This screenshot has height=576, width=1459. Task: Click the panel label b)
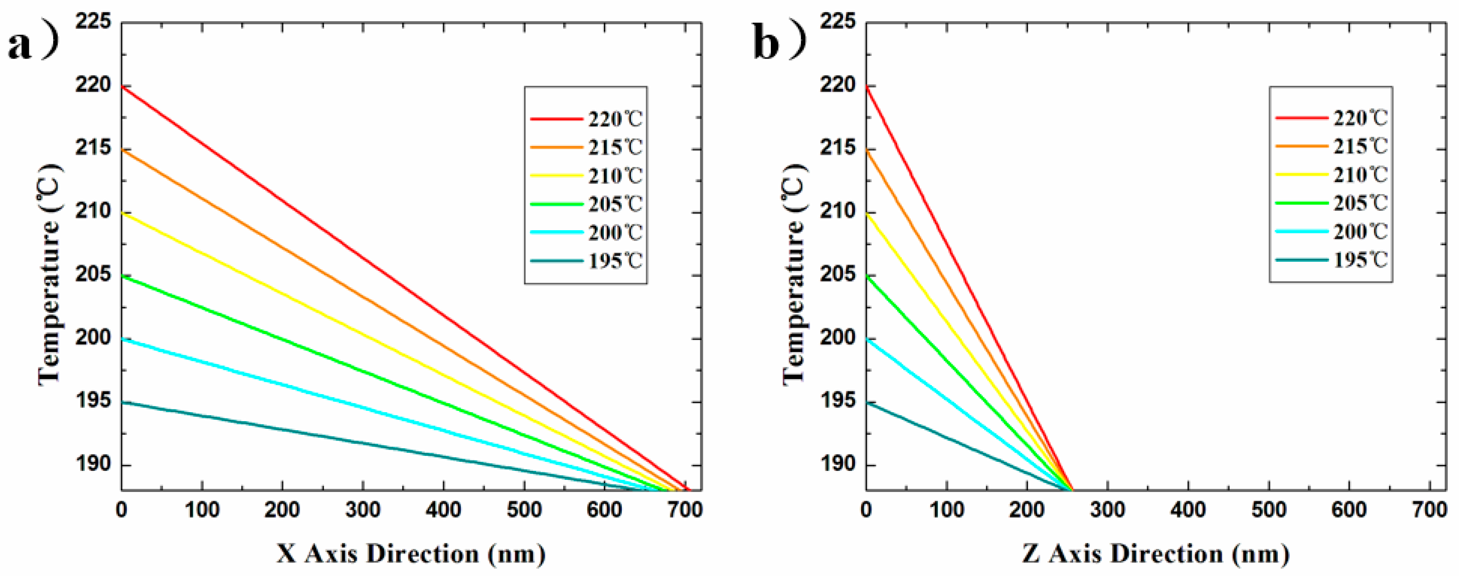pyautogui.click(x=779, y=44)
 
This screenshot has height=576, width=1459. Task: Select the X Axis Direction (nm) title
pyautogui.click(x=411, y=553)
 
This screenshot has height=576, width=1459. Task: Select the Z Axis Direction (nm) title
pyautogui.click(x=1155, y=553)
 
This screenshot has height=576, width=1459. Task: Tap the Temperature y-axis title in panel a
pyautogui.click(x=50, y=275)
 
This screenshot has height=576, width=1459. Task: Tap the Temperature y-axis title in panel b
pyautogui.click(x=794, y=275)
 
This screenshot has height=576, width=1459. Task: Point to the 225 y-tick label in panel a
pyautogui.click(x=93, y=23)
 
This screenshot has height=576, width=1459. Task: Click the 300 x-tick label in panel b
pyautogui.click(x=1107, y=510)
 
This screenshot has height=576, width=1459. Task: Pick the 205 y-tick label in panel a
pyautogui.click(x=93, y=275)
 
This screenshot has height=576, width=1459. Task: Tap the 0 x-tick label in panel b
pyautogui.click(x=866, y=510)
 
